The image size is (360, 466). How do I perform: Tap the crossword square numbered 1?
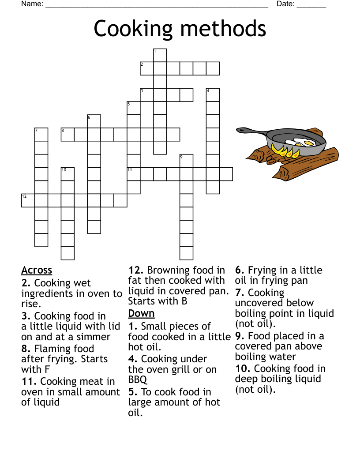[x=160, y=55]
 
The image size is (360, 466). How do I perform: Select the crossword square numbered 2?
[x=147, y=68]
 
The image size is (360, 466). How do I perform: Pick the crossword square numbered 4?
[x=213, y=95]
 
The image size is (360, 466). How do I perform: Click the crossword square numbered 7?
[x=41, y=135]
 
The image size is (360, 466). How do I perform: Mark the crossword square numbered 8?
[x=67, y=135]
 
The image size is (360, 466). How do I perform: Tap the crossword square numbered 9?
[x=187, y=161]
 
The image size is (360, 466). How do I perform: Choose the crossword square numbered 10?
[x=67, y=174]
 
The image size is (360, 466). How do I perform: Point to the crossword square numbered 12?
[x=28, y=201]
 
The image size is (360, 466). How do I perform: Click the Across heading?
[x=37, y=270]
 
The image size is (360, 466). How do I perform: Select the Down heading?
[x=141, y=313]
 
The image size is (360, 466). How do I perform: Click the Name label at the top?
[x=32, y=4]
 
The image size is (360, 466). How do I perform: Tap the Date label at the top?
[x=285, y=4]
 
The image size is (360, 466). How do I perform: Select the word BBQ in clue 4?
[x=138, y=380]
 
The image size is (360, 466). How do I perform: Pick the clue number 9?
[x=240, y=336]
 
